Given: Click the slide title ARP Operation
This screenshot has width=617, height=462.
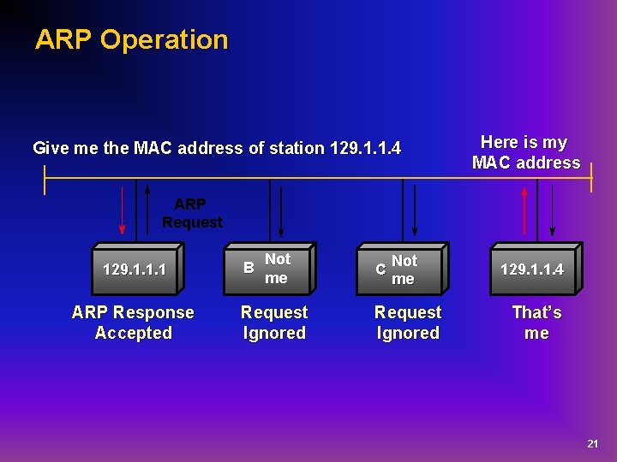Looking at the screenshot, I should click(x=131, y=39).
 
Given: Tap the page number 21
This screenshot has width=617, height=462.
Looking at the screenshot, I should click(x=592, y=444).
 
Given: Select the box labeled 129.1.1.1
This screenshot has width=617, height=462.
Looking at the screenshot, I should click(x=134, y=269).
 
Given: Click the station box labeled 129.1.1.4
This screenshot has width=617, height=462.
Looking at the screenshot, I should click(x=532, y=269).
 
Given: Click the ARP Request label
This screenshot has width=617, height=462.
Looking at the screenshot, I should click(x=192, y=213).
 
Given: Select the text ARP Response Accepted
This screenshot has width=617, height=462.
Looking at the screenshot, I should click(x=133, y=323).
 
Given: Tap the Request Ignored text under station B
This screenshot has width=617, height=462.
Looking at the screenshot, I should click(x=274, y=323).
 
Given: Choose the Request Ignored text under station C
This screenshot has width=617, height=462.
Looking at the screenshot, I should click(x=408, y=323).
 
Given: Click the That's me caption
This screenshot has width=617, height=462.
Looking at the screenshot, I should click(x=536, y=323).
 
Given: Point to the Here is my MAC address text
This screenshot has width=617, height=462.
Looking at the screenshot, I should click(x=525, y=152).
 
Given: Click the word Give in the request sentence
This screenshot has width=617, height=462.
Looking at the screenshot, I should click(x=51, y=148).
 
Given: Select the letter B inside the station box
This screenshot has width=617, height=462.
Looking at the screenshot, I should click(x=249, y=267).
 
